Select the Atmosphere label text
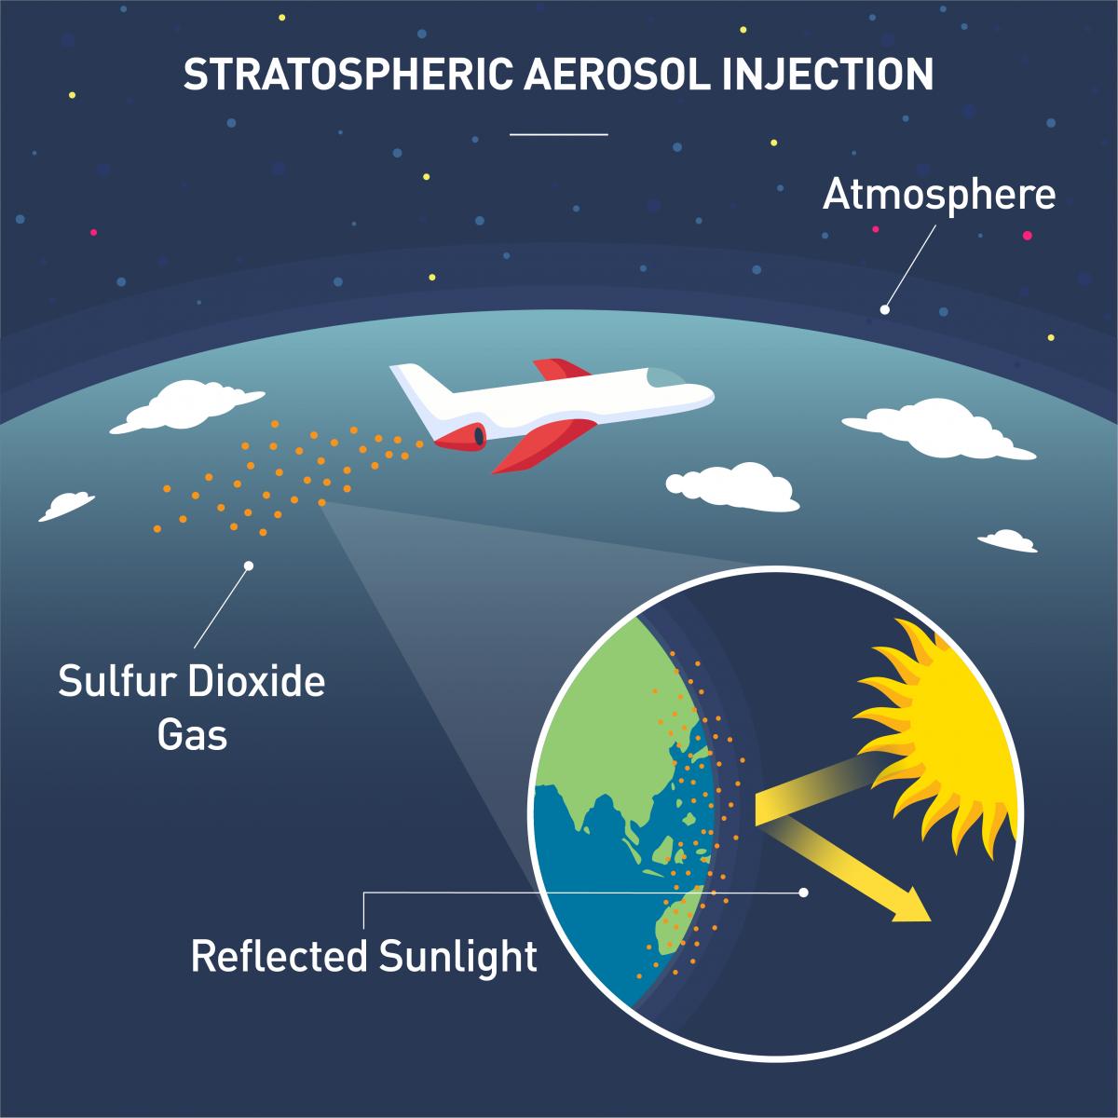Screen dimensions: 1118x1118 pyautogui.click(x=939, y=196)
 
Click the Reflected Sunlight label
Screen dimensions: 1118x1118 pyautogui.click(x=364, y=956)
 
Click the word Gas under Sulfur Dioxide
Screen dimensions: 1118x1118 pyautogui.click(x=192, y=735)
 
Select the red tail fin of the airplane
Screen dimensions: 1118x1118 pyautogui.click(x=554, y=368)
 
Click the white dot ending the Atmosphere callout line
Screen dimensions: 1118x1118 pyautogui.click(x=885, y=309)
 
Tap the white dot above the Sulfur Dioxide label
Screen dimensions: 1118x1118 pyautogui.click(x=249, y=566)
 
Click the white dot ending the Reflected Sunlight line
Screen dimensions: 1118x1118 pyautogui.click(x=804, y=893)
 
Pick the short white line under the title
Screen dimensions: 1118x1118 pyautogui.click(x=559, y=134)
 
